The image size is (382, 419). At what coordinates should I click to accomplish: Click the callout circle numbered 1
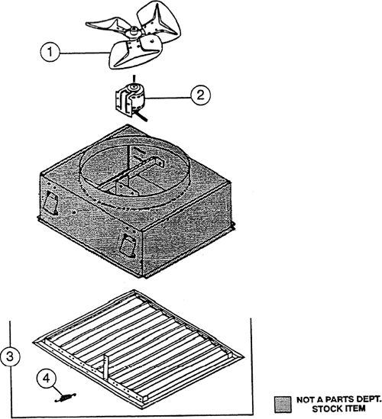(x=50, y=52)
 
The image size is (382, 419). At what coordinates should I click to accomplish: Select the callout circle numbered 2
(x=201, y=95)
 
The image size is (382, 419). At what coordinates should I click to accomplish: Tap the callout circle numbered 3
(x=10, y=356)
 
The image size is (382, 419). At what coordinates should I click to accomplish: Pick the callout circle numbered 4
(x=47, y=379)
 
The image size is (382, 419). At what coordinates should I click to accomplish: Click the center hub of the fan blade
(x=132, y=32)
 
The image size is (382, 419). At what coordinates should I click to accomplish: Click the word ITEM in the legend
(x=356, y=408)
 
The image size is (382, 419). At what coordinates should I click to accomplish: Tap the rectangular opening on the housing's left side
(x=50, y=202)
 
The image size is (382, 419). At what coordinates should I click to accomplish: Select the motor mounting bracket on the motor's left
(x=121, y=103)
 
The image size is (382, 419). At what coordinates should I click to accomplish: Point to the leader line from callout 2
(x=168, y=98)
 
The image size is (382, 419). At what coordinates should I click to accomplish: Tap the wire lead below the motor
(x=141, y=117)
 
